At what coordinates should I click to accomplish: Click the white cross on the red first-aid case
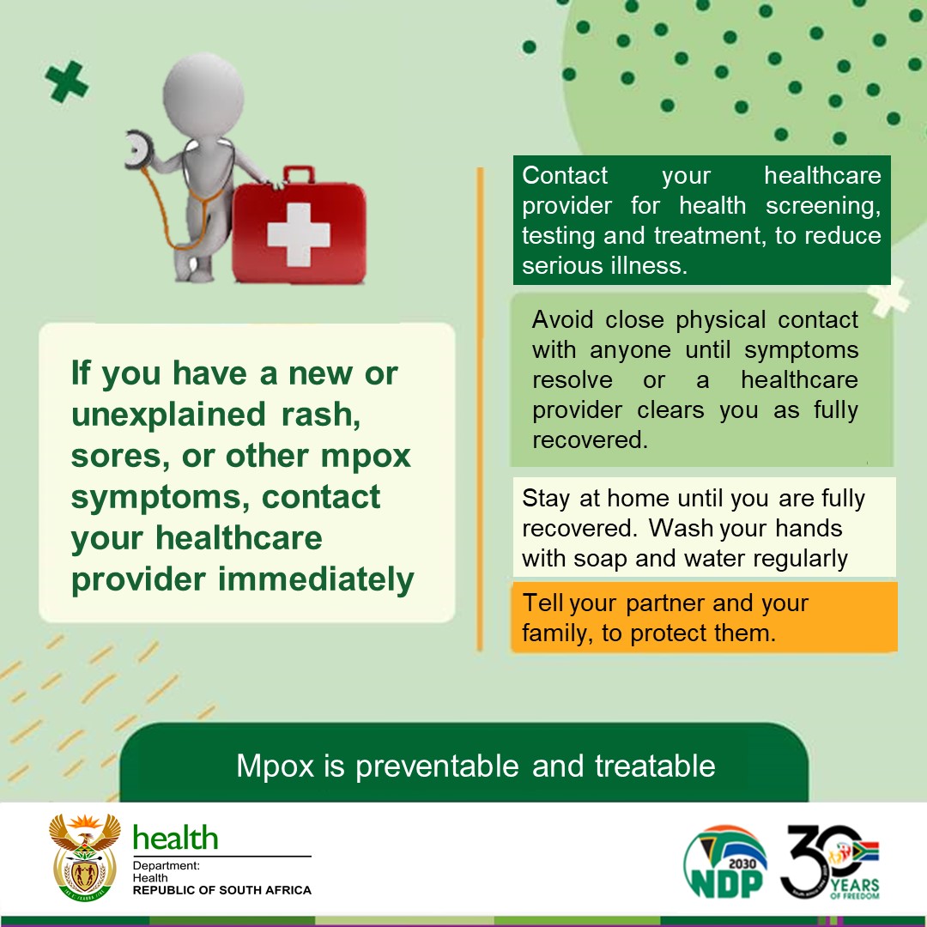298,234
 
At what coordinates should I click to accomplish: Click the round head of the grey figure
203,95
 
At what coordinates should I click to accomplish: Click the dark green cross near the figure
67,82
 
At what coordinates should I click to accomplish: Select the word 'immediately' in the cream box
316,579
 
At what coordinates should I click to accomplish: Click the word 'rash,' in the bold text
321,415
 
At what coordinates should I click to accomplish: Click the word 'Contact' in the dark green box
565,176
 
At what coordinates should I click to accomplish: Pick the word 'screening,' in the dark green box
823,207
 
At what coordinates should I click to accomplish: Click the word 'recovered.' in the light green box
590,439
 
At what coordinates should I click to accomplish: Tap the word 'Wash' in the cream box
677,529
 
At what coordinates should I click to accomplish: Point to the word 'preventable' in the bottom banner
437,766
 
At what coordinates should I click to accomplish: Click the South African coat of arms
84,857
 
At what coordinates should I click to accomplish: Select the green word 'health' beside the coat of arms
176,838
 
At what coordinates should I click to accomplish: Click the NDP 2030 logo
725,863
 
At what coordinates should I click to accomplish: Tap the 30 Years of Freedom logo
830,863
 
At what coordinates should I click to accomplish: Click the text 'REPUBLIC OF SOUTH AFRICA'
221,890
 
